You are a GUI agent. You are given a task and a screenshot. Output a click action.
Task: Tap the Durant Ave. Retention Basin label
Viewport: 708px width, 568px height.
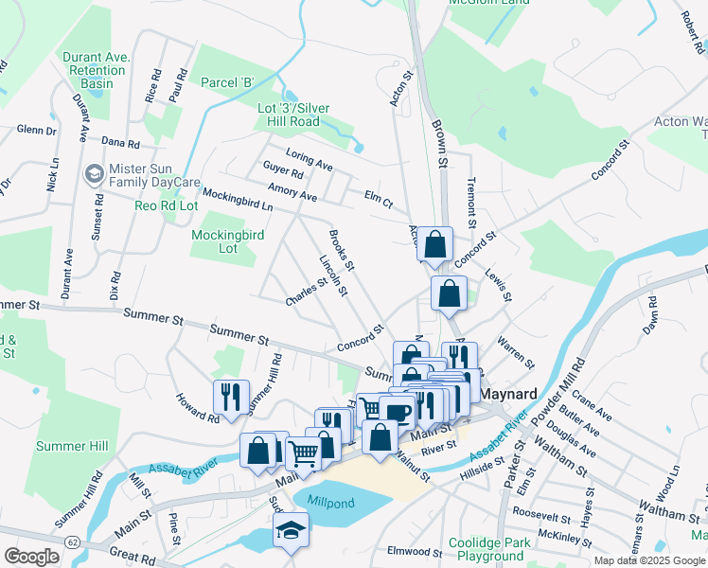[x=95, y=70]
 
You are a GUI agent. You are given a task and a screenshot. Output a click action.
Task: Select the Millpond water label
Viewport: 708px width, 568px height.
[x=330, y=503]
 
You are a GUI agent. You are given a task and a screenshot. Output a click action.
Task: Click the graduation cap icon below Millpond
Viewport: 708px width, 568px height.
[x=292, y=531]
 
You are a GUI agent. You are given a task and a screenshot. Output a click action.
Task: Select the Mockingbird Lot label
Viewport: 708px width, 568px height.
[x=227, y=241]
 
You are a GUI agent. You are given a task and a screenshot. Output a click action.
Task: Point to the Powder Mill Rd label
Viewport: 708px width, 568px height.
[x=576, y=380]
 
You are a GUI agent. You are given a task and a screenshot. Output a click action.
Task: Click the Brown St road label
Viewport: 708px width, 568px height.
[x=439, y=143]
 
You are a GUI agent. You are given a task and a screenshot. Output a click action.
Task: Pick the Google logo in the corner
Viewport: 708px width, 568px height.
[x=31, y=557]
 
